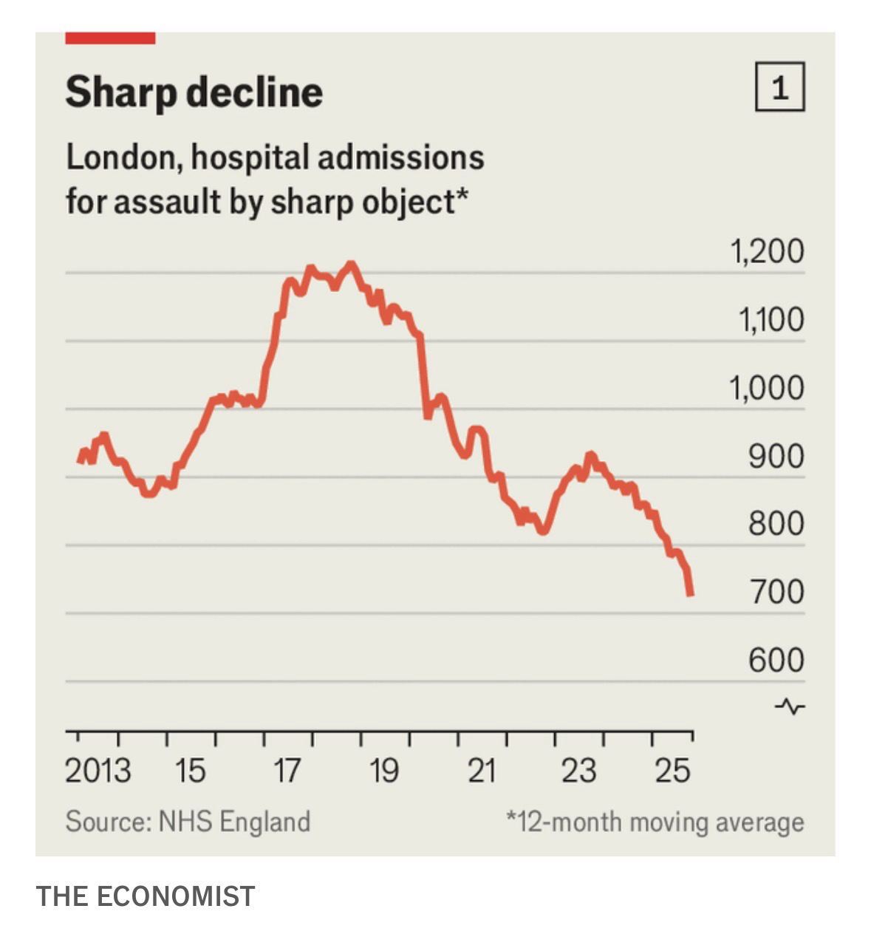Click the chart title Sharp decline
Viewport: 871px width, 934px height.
194,92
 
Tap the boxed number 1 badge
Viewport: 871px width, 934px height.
779,87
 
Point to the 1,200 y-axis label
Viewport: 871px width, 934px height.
767,252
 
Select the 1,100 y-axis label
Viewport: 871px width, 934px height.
771,320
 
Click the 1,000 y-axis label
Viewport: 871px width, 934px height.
767,388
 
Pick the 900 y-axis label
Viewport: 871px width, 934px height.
776,456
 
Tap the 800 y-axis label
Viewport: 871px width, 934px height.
776,524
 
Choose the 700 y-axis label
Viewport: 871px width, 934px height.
776,592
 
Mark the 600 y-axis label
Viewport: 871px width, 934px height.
776,660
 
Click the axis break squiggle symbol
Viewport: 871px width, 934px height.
790,706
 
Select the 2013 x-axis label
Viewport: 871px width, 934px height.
98,771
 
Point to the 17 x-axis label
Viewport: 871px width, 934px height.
287,771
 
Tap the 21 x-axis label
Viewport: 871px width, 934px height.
482,771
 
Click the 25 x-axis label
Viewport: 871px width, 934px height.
672,771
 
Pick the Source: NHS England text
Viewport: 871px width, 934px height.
188,822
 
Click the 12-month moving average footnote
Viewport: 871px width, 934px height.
655,822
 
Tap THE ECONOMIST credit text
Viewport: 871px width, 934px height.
146,896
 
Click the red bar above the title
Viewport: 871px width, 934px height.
110,38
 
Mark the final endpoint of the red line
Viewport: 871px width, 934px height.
691,593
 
